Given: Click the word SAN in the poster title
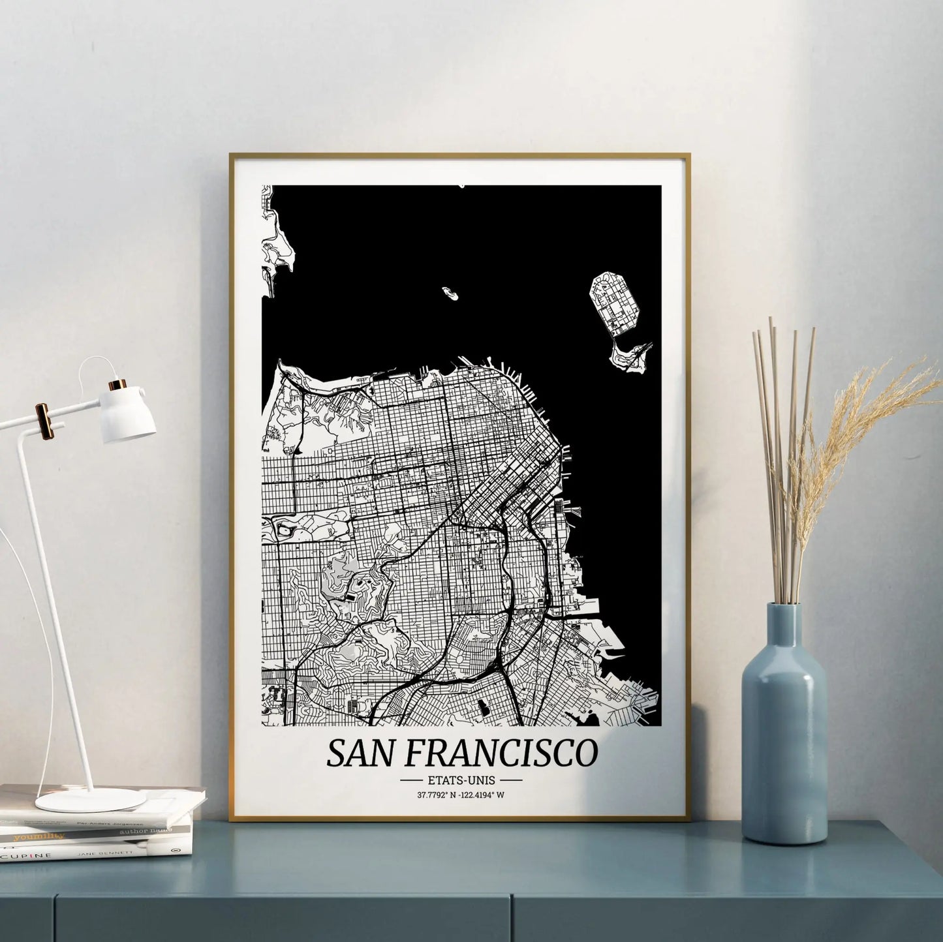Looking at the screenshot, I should click(x=358, y=753).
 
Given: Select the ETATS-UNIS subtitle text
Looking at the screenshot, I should click(x=461, y=780).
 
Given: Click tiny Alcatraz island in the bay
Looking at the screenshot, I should click(x=449, y=293).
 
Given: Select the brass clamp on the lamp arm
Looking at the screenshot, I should click(x=45, y=420).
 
